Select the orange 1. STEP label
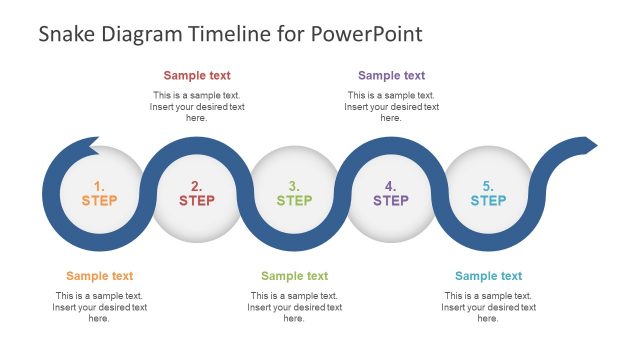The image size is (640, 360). point(99,193)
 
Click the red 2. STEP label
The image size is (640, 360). point(197,193)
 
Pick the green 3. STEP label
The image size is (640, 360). point(294,193)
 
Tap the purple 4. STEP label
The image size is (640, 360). point(391,193)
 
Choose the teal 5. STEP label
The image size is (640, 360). point(488,193)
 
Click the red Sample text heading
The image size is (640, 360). point(197,75)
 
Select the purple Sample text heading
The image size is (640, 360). point(391,75)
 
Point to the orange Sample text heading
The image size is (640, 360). point(99,276)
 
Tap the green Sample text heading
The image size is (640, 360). point(294,276)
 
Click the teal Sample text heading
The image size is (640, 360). point(488,276)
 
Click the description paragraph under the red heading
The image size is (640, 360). point(197,106)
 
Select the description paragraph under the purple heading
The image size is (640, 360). point(391,106)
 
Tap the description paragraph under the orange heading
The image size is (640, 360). point(99,307)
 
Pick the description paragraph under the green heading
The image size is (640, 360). point(294,307)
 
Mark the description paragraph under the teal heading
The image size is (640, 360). point(488,307)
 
